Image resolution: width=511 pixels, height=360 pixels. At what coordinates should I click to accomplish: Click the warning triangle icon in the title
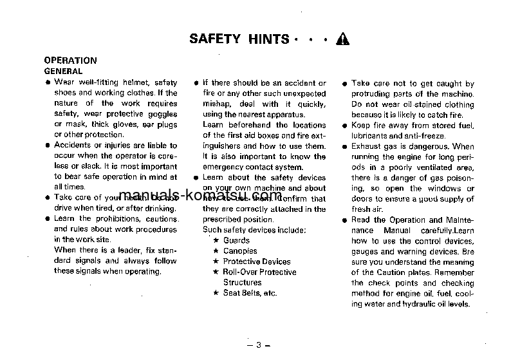[342, 39]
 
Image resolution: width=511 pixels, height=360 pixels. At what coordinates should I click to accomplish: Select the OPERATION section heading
[70, 61]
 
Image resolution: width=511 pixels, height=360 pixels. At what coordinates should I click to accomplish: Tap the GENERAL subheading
[62, 71]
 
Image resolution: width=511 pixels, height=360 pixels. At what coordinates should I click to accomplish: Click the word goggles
[162, 114]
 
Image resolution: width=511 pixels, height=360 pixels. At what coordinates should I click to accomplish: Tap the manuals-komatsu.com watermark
[201, 196]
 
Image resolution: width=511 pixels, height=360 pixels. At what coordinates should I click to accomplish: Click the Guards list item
[236, 240]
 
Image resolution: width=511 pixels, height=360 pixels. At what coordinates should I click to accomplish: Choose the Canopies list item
[240, 251]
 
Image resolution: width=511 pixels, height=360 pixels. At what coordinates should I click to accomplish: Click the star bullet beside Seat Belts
[216, 293]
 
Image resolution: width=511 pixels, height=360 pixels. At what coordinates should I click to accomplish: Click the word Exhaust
[367, 146]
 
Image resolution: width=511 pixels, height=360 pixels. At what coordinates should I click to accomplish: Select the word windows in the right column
[443, 189]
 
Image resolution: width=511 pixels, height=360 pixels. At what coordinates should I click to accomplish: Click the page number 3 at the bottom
[257, 345]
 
